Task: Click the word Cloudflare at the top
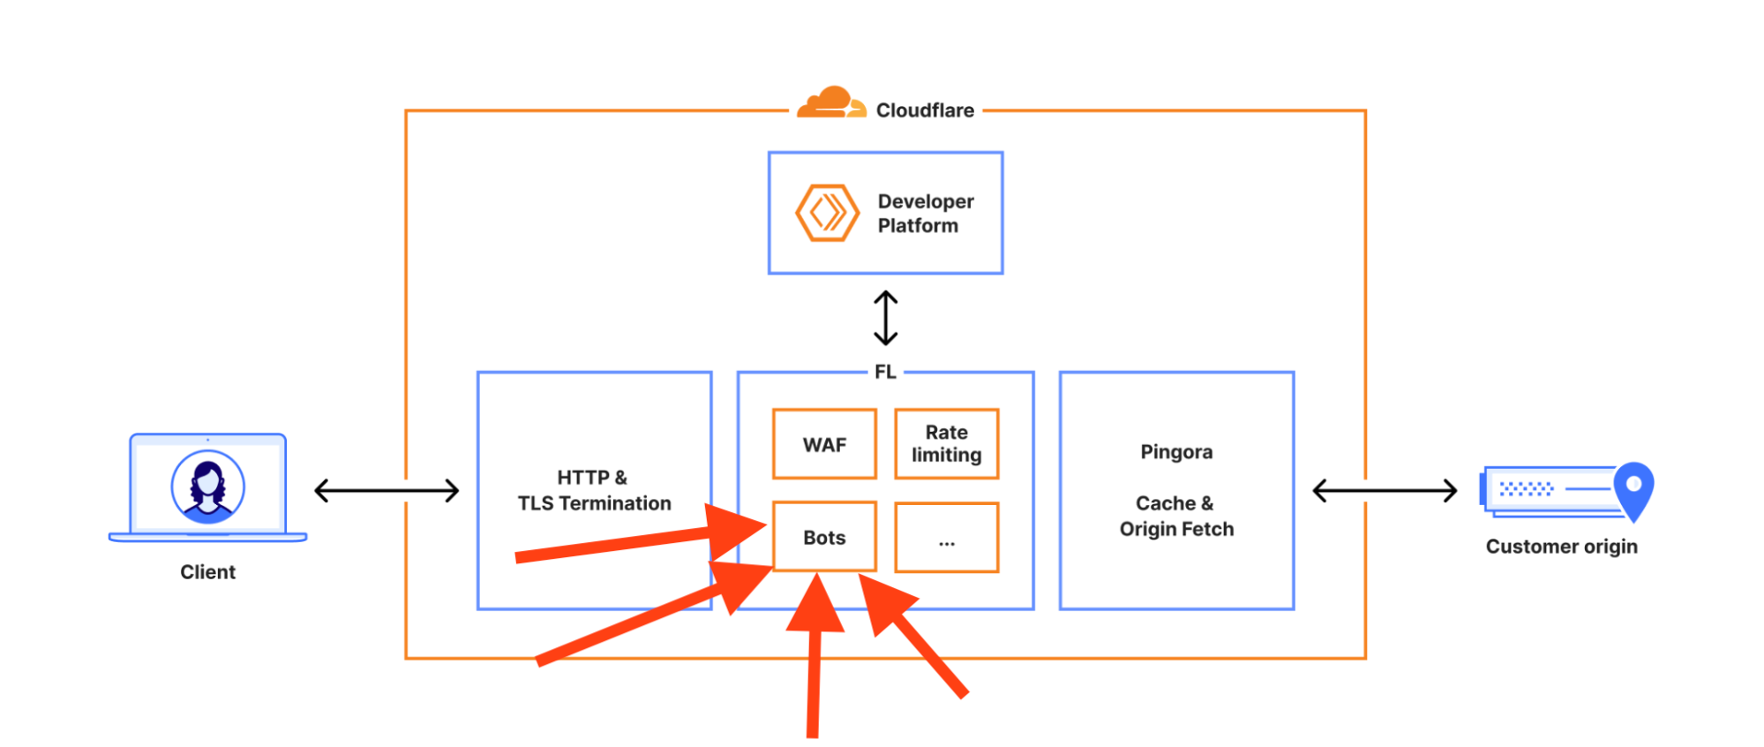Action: point(925,110)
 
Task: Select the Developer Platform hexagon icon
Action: point(827,213)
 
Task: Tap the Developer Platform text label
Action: point(925,214)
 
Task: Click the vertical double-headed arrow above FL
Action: point(885,318)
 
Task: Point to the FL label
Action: point(885,373)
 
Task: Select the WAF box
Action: point(824,444)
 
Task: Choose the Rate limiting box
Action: point(946,444)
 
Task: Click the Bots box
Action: point(824,537)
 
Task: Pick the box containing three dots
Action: point(946,538)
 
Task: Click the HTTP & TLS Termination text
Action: point(594,490)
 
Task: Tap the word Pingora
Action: point(1176,452)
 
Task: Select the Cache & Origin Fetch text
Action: point(1176,516)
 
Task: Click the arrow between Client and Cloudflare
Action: point(387,490)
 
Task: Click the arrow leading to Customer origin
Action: point(1385,490)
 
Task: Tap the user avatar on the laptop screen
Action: point(207,486)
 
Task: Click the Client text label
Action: point(207,572)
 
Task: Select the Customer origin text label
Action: point(1561,547)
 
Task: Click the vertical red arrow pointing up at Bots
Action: point(814,662)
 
